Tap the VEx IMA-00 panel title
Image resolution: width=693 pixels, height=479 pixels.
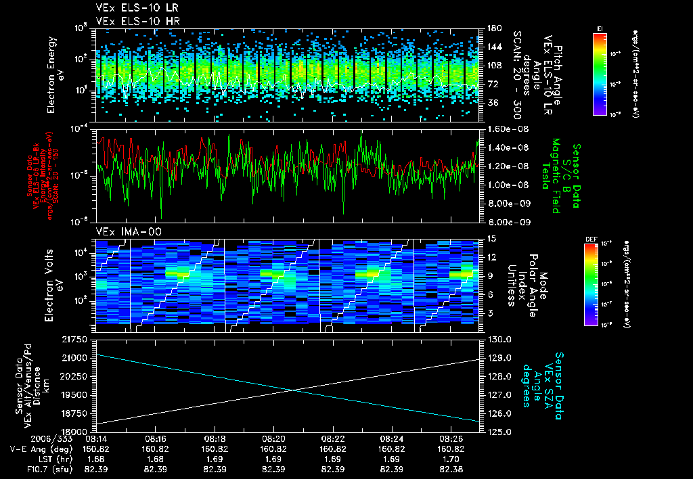click(x=123, y=232)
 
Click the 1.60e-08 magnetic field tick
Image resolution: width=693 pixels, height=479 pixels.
click(x=501, y=129)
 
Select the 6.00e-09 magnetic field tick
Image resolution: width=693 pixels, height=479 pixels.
click(x=501, y=222)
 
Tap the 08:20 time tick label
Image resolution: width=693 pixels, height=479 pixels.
click(x=273, y=438)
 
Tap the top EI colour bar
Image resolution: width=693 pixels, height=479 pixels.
click(x=600, y=72)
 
